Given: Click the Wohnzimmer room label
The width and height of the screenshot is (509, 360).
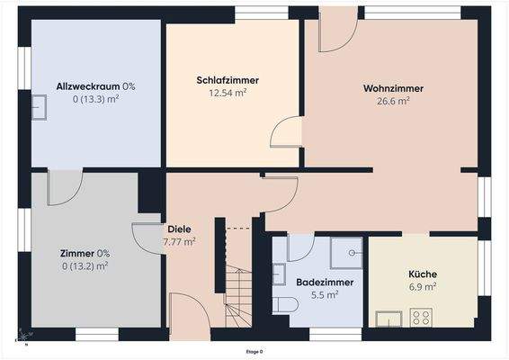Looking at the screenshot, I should (393, 88).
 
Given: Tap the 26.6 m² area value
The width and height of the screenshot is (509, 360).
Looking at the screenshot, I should (393, 102).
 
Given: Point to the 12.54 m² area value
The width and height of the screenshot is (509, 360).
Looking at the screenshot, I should (228, 93).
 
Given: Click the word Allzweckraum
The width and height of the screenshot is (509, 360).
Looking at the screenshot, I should (89, 86).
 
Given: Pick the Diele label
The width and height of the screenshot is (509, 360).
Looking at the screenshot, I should (178, 229).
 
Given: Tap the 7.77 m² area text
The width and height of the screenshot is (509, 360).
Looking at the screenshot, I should (179, 242).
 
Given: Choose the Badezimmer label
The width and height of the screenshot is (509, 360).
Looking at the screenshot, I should (325, 282).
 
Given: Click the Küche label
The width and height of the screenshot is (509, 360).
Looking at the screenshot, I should (423, 274).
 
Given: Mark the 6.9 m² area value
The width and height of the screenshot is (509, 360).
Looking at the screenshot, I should (423, 286).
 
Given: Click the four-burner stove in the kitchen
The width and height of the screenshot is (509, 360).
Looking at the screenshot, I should (421, 317).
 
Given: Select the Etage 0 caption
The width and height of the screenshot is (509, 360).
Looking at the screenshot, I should (254, 352).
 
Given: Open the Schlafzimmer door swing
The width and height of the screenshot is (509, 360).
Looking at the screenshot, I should (284, 133).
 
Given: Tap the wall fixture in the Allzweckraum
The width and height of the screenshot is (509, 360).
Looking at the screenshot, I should (40, 107).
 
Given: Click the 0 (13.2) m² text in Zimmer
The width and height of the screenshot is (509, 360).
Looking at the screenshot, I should (85, 265).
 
